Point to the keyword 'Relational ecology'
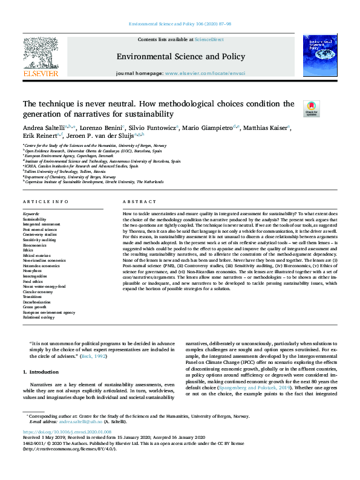click(x=39, y=317)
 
